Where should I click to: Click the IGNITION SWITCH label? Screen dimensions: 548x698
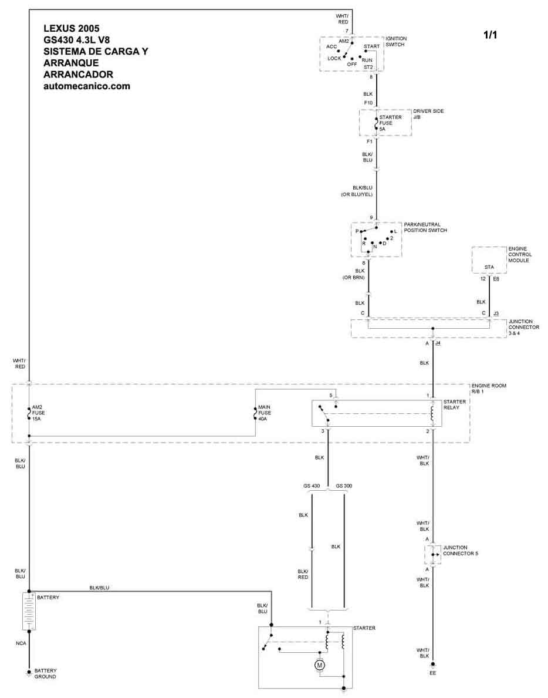(396, 42)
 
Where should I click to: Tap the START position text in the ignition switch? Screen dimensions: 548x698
(371, 46)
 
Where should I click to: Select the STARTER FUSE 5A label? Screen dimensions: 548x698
(390, 123)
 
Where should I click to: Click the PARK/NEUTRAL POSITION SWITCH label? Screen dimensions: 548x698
(425, 227)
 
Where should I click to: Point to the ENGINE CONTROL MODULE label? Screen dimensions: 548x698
(519, 254)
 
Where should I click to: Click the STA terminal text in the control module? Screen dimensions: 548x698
(489, 267)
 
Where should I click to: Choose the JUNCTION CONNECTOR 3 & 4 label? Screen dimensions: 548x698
(523, 327)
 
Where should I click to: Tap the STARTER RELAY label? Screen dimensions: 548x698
(454, 404)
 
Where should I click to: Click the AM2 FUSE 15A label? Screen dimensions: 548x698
(38, 413)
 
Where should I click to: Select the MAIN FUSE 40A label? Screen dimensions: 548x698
(264, 413)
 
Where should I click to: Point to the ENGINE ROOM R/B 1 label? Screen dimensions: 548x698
(488, 388)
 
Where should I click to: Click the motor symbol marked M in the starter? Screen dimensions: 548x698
(319, 665)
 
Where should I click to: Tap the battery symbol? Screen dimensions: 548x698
(29, 611)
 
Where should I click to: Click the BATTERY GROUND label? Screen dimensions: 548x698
(45, 673)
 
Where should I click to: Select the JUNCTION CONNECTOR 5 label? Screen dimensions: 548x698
(460, 550)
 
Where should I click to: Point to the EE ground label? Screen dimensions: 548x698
(433, 673)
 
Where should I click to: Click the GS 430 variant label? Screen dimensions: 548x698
(312, 485)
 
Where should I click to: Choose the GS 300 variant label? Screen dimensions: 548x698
(344, 485)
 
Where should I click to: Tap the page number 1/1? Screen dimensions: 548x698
(490, 35)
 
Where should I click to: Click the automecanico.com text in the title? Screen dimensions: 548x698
(87, 86)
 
